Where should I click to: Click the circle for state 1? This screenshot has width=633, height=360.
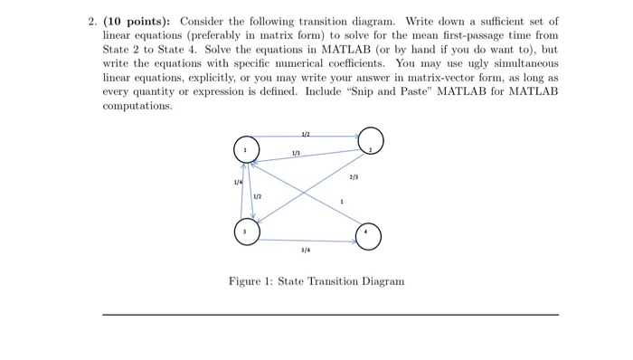click(x=246, y=147)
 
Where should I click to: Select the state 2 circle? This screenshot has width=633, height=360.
click(x=370, y=143)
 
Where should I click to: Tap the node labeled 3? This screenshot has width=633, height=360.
click(x=246, y=232)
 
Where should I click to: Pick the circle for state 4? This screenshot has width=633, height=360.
click(x=368, y=236)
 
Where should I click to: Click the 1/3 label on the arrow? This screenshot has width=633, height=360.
click(x=296, y=153)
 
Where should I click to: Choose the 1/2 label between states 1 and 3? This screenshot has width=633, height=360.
click(x=258, y=197)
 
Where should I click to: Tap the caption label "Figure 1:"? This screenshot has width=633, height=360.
click(x=250, y=281)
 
